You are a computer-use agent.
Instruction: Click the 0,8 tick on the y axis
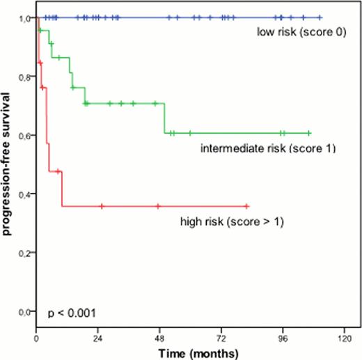pyautogui.click(x=24, y=76)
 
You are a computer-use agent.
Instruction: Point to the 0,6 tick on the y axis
pyautogui.click(x=24, y=134)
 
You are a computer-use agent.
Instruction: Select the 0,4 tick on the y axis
pyautogui.click(x=24, y=193)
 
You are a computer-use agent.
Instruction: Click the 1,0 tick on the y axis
pyautogui.click(x=24, y=17)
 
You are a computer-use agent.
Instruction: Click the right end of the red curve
pyautogui.click(x=247, y=206)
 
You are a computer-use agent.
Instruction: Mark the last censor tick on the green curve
pyautogui.click(x=308, y=133)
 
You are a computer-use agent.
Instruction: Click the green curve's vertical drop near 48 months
pyautogui.click(x=164, y=118)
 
